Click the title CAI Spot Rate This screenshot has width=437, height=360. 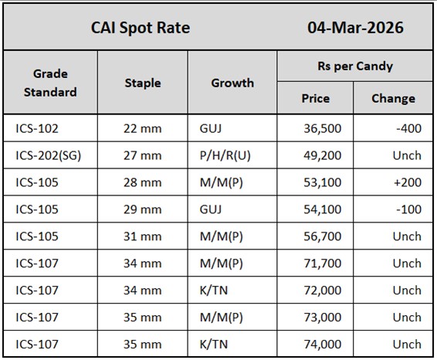coord(141,29)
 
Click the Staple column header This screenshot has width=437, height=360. coord(143,83)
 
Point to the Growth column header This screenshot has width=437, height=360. coord(232,83)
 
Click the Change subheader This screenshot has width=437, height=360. coord(393,98)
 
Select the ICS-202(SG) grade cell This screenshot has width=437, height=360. coord(48,155)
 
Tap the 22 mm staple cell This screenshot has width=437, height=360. coord(143,128)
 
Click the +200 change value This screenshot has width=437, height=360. coord(406,182)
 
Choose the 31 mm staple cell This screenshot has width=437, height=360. coord(143,236)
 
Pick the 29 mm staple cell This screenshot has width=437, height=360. coord(143,209)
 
